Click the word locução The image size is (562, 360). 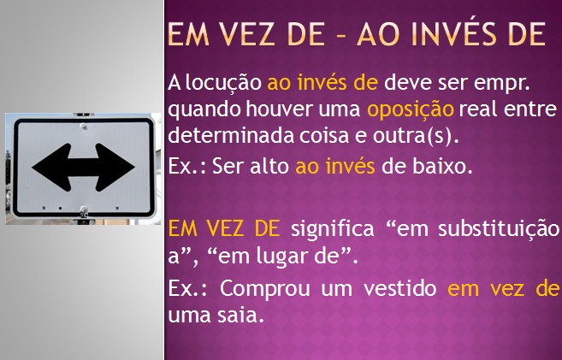[223, 84]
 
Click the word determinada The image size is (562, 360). [231, 135]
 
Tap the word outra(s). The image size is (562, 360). [416, 136]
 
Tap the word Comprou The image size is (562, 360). [265, 289]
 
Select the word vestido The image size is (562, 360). [400, 288]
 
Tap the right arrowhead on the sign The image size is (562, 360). [115, 168]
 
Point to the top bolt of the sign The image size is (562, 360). [84, 127]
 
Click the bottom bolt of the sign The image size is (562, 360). [84, 210]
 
